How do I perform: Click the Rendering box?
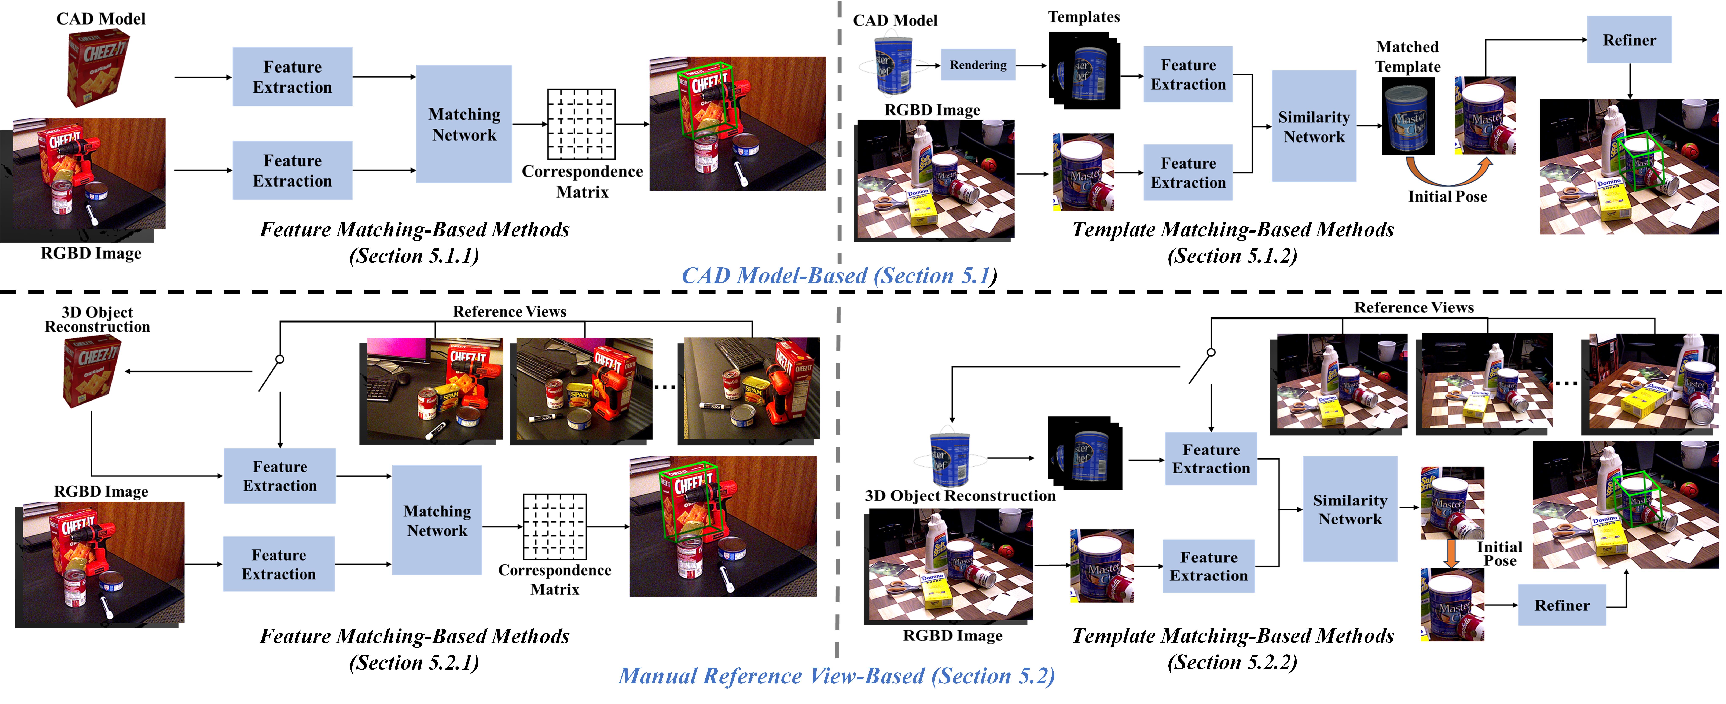pos(978,65)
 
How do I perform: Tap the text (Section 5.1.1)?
pos(414,256)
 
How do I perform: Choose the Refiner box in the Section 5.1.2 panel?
pos(1629,40)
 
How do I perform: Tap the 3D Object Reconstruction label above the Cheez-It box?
pos(97,320)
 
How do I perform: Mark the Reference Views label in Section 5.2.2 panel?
pos(1414,307)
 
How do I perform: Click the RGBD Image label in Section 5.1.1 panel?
pos(91,253)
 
